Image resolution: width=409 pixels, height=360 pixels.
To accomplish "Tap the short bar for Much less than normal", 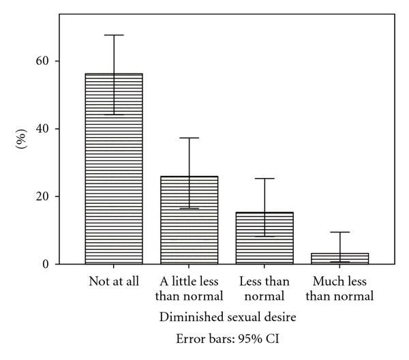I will pyautogui.click(x=340, y=258).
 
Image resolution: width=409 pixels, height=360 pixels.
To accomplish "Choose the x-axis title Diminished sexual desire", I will pyautogui.click(x=227, y=317).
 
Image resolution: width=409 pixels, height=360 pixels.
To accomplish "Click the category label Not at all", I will pyautogui.click(x=115, y=282).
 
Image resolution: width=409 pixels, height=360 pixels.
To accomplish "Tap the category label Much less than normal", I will pyautogui.click(x=340, y=289).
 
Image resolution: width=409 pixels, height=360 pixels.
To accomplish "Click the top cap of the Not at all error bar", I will pyautogui.click(x=114, y=35).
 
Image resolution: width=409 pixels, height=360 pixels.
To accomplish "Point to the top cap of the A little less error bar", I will pyautogui.click(x=189, y=138).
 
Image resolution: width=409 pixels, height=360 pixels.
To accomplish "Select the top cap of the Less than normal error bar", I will pyautogui.click(x=264, y=179).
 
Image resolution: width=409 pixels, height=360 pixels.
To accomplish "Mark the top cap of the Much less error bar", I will pyautogui.click(x=340, y=232).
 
